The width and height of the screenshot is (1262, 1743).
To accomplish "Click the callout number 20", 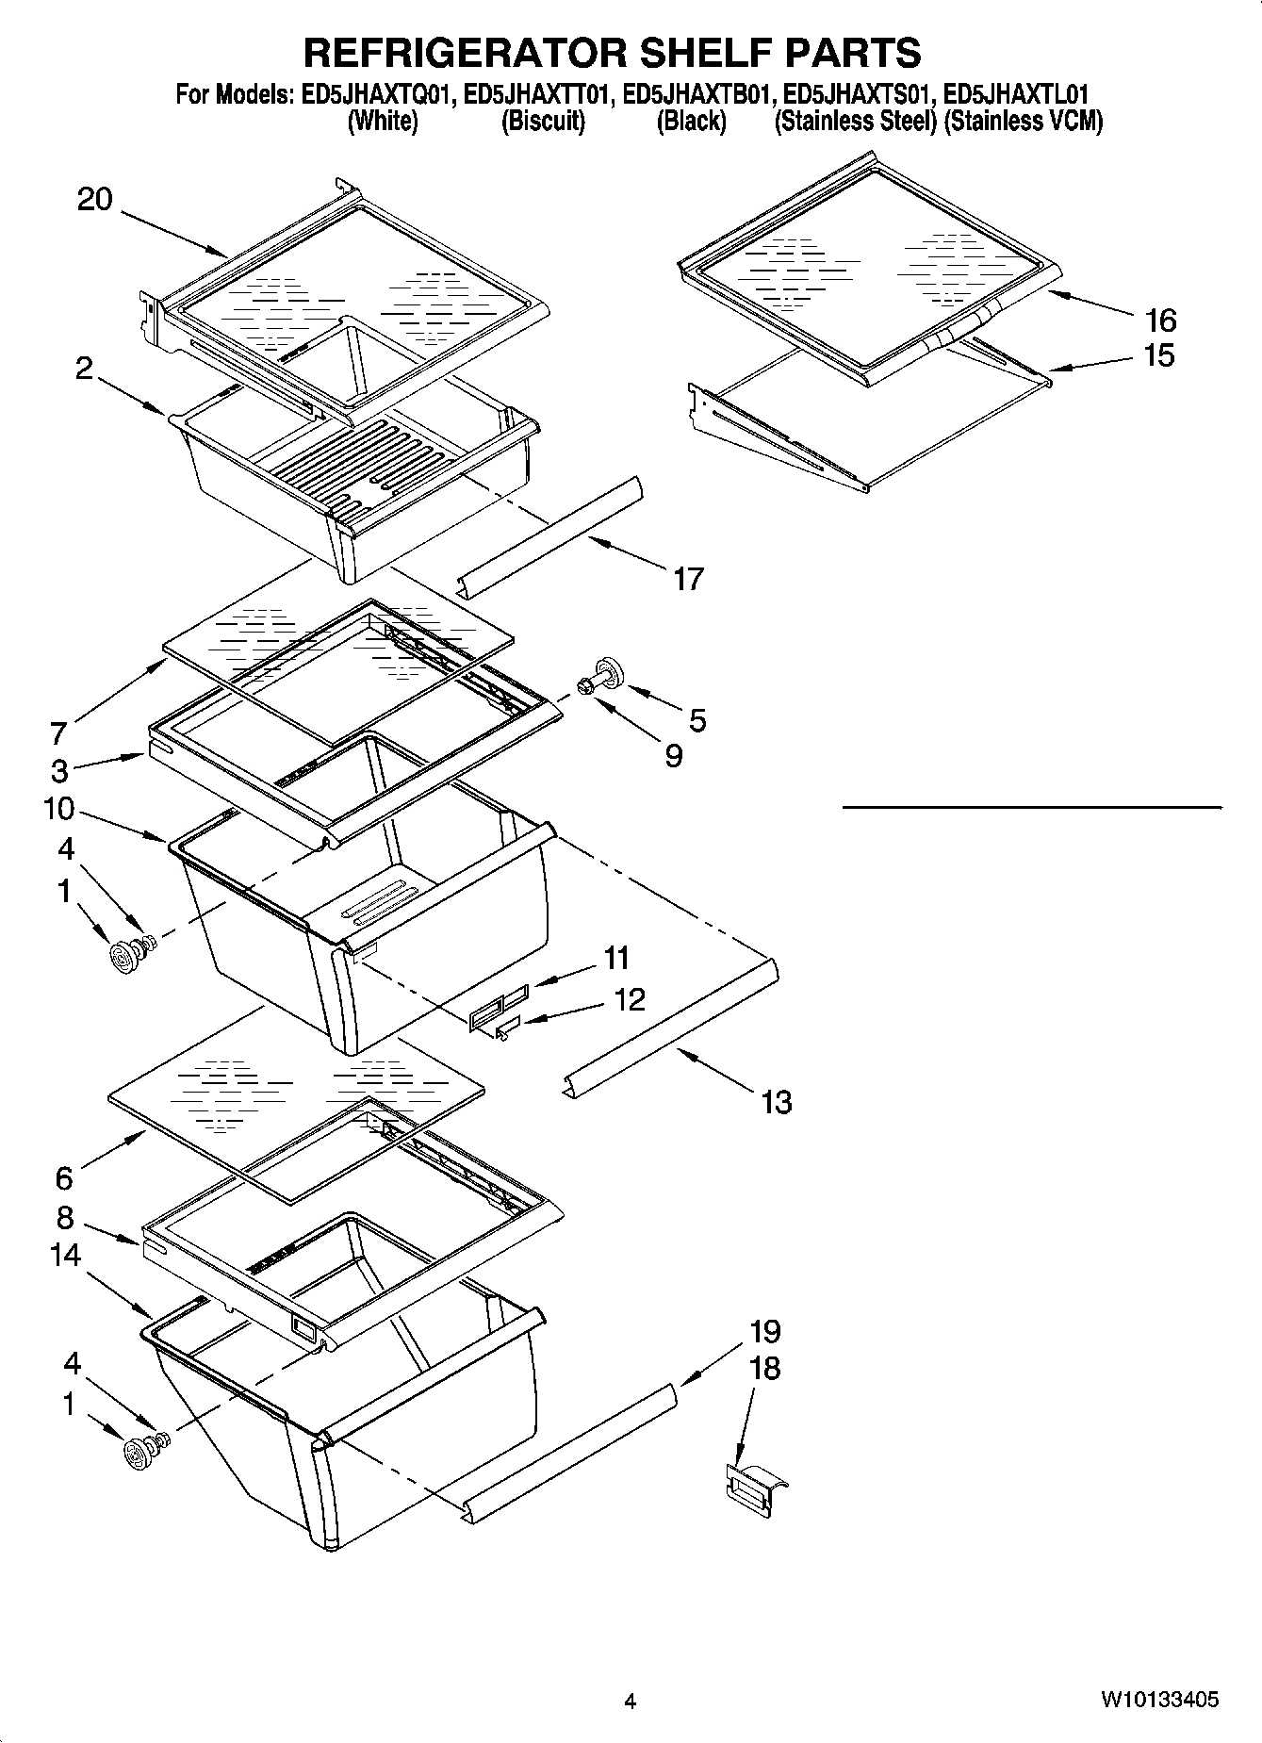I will [94, 200].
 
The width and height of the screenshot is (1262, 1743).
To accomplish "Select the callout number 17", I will [688, 578].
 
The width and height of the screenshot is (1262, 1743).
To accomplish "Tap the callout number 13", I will [776, 1101].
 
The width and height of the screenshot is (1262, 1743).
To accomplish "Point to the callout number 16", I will [1160, 321].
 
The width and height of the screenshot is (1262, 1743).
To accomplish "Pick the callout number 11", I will [616, 958].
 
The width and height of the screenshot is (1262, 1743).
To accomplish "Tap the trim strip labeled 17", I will [547, 537].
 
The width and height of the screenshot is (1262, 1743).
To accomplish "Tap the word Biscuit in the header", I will [543, 121].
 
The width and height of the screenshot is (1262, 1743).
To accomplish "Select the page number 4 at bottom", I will [630, 1701].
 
